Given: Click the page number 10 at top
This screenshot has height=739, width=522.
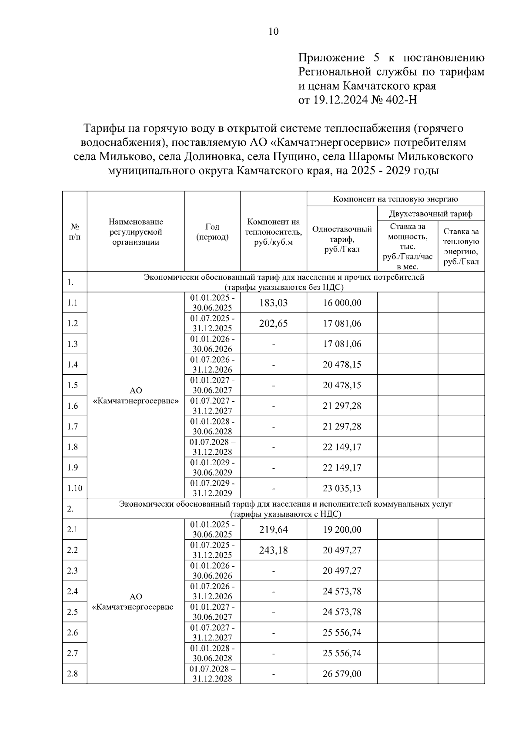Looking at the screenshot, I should (274, 31).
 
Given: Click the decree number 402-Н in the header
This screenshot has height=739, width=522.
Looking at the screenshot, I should (402, 100).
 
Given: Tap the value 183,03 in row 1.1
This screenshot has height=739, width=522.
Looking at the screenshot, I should (273, 303).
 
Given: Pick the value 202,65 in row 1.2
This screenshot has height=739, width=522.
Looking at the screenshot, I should (273, 323).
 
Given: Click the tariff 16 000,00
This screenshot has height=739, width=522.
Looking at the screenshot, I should (342, 303).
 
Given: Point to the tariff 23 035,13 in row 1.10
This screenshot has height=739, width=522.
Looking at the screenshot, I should (342, 488).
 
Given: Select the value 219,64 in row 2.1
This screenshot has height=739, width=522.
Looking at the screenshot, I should (273, 530).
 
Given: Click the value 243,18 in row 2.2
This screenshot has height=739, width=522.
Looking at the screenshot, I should (273, 550).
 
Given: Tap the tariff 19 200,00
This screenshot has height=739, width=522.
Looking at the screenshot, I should (342, 530).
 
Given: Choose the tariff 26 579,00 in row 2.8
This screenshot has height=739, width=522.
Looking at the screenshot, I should (342, 674).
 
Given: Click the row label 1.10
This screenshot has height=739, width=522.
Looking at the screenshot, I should (74, 488).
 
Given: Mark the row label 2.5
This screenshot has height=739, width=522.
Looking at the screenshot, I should (72, 612).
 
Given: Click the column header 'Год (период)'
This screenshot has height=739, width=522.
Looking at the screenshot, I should (212, 232).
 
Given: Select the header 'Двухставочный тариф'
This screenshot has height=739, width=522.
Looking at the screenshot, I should (430, 214).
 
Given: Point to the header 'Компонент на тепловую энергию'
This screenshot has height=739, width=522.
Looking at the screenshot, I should (395, 199).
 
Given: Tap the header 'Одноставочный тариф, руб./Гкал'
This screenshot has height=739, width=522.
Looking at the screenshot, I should (342, 239).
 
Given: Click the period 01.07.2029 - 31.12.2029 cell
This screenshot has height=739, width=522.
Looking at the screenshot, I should (212, 488).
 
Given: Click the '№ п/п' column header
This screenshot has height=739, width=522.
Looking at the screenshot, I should (74, 232).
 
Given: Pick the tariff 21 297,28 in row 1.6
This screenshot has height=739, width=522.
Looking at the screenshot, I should (342, 406).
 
